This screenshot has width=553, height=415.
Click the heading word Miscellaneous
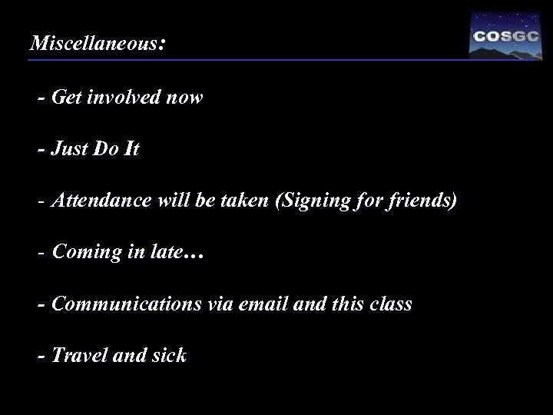point(93,44)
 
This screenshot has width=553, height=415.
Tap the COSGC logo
point(505,35)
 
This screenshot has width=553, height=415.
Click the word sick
point(169,356)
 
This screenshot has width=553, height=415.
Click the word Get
point(67,99)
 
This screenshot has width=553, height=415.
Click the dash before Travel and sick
point(41,356)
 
